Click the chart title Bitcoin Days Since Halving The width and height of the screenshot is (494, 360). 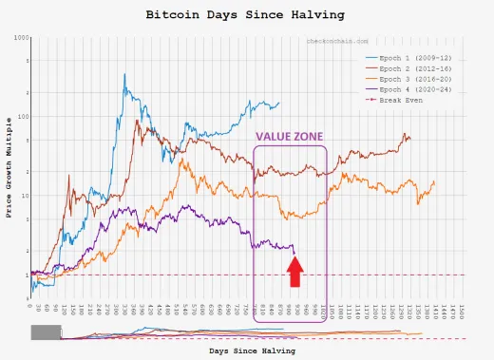244,15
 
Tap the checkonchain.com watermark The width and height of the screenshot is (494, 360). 337,42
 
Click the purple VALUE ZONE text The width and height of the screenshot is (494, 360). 290,137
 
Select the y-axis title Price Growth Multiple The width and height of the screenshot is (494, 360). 9,167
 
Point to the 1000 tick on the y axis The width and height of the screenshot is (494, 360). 20,37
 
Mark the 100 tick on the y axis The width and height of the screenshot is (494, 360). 21,117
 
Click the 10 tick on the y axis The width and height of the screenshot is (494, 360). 23,196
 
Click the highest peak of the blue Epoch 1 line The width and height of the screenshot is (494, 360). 125,74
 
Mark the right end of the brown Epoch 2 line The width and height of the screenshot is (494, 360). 410,139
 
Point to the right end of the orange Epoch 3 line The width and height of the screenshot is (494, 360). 435,181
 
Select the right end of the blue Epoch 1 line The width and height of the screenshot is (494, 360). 280,104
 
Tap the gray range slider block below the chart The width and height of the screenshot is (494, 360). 46,332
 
